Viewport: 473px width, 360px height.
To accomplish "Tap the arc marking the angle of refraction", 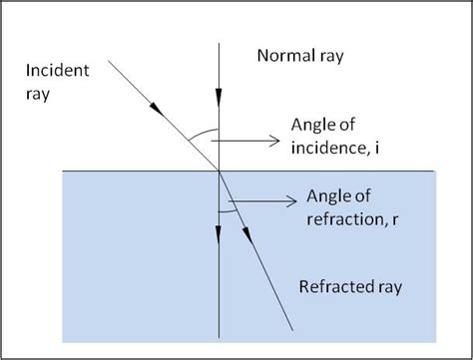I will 227,210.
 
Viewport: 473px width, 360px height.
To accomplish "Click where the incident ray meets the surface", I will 219,172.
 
